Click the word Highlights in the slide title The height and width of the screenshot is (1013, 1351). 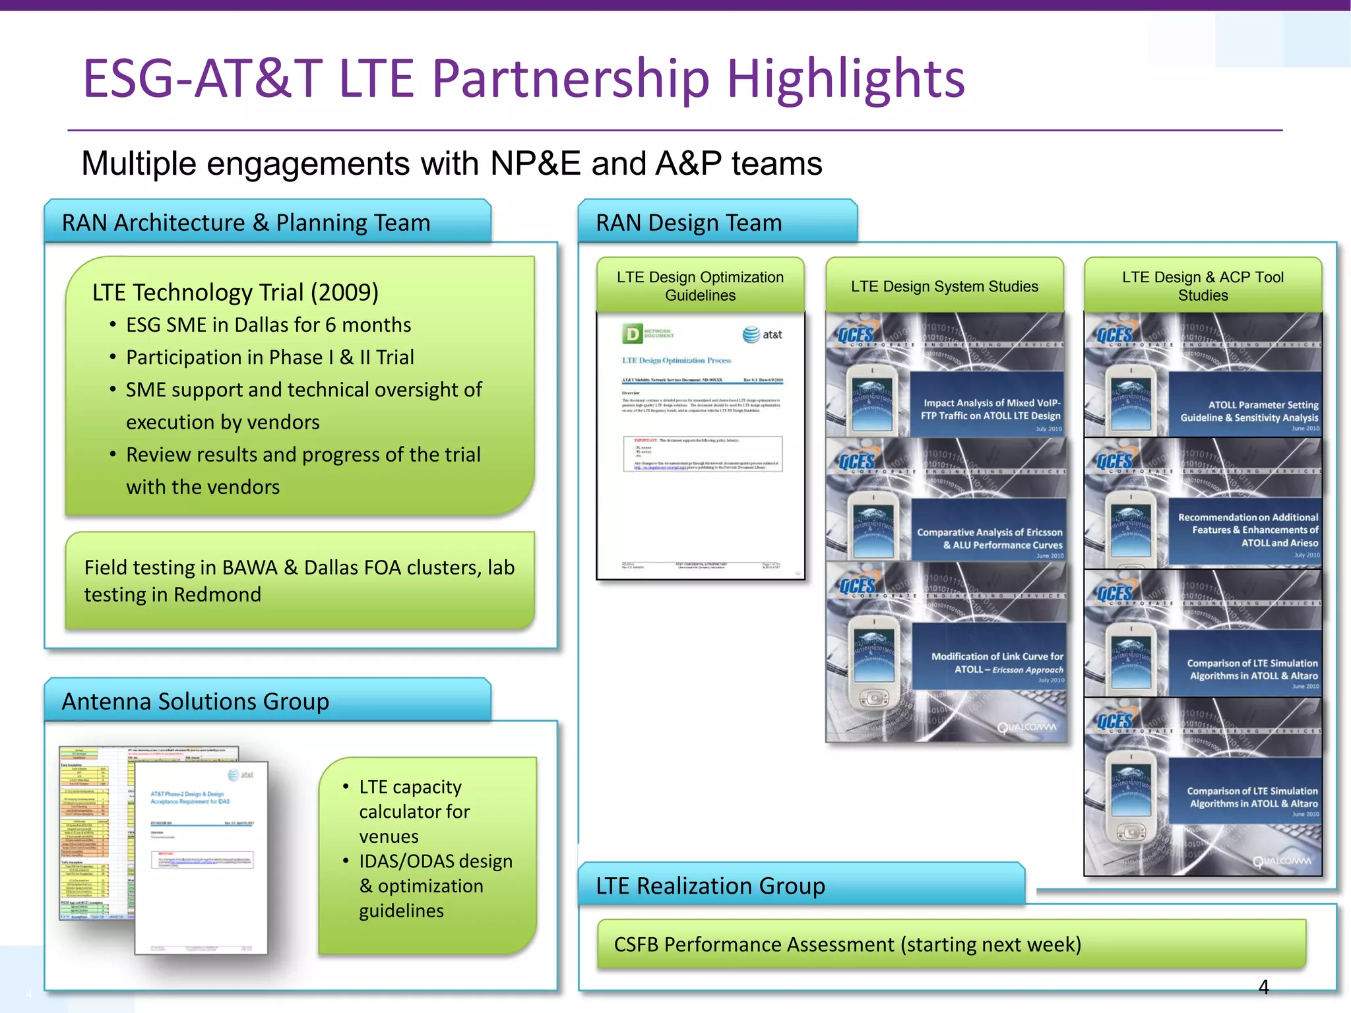tap(846, 79)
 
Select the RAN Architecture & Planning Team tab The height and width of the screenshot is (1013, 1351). tap(245, 223)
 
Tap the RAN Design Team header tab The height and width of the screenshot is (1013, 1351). tap(689, 223)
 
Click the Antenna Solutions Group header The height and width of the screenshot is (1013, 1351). tap(195, 701)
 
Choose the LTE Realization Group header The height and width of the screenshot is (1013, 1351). tap(710, 886)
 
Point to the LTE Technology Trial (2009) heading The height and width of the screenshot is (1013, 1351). tap(236, 292)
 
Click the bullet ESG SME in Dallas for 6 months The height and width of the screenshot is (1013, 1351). tap(268, 325)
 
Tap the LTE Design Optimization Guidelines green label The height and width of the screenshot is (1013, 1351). tap(700, 286)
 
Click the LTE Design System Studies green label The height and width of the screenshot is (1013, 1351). tap(944, 286)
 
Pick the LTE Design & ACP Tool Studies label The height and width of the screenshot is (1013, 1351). tap(1203, 286)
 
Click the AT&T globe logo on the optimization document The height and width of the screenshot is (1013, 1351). tap(751, 335)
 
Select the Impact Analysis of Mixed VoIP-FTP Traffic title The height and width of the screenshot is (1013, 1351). tap(991, 409)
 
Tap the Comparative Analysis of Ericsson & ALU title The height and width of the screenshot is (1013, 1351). tap(990, 538)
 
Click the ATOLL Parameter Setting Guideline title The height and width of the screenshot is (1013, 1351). tap(1249, 411)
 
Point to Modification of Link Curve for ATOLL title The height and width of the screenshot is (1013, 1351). tap(997, 663)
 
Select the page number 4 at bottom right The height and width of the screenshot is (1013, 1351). tap(1263, 987)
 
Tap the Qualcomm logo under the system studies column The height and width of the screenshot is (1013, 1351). tap(1026, 727)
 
